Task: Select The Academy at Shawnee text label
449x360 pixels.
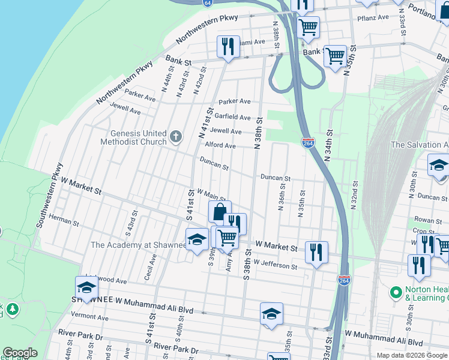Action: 138,245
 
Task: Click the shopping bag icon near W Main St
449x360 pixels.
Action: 220,212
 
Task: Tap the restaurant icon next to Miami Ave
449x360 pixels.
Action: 228,47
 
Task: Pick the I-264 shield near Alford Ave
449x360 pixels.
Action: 308,143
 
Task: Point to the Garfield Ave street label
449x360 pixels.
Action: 233,116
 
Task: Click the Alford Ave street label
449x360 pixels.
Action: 220,145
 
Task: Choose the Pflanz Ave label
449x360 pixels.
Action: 374,19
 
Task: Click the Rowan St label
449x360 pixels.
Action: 427,221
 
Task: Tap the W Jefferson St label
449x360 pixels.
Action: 275,265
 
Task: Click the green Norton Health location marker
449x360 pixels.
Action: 396,292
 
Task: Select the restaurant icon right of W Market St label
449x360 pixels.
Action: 316,251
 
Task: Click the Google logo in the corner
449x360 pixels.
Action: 20,353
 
